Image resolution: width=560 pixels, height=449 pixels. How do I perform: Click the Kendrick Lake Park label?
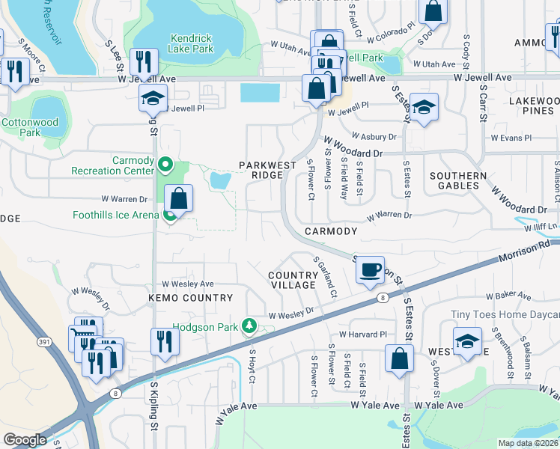click(192, 43)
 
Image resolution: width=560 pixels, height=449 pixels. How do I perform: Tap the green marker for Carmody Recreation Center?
click(168, 164)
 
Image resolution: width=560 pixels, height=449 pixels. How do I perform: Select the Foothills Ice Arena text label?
click(115, 216)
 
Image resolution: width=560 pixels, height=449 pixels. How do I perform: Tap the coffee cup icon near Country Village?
click(370, 269)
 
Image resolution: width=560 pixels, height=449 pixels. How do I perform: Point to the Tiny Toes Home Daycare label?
click(504, 316)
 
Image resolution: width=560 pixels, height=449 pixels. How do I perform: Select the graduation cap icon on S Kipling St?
click(153, 98)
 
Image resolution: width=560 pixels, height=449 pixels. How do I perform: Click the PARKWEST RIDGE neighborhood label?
click(261, 170)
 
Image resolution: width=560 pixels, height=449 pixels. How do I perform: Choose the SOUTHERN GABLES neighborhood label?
click(454, 180)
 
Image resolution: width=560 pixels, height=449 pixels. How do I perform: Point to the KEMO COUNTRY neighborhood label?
click(191, 298)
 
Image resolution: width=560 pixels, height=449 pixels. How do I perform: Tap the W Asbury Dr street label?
click(371, 137)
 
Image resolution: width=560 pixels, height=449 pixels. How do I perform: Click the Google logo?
click(25, 439)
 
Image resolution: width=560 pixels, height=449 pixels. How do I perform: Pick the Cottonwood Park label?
click(31, 127)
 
